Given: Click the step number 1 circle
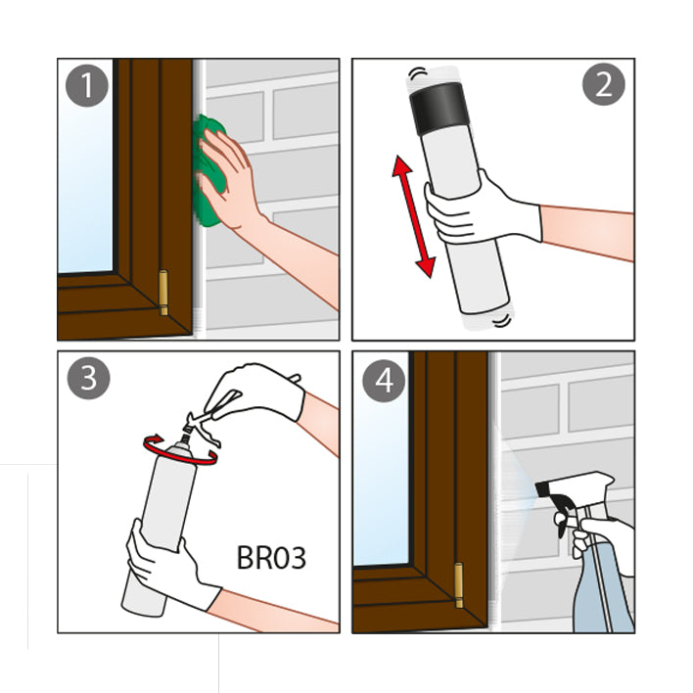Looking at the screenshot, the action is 86,85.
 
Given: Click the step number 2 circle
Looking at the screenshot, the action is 604,84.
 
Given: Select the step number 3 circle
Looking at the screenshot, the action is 88,379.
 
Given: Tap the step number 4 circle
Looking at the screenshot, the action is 384,380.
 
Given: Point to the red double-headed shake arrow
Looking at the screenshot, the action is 414,216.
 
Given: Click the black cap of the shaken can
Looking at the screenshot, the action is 439,109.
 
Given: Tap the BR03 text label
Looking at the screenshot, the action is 271,558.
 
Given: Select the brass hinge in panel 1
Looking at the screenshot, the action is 163,292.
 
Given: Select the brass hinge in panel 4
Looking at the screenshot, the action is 459,584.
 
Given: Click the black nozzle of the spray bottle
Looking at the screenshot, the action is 542,488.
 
